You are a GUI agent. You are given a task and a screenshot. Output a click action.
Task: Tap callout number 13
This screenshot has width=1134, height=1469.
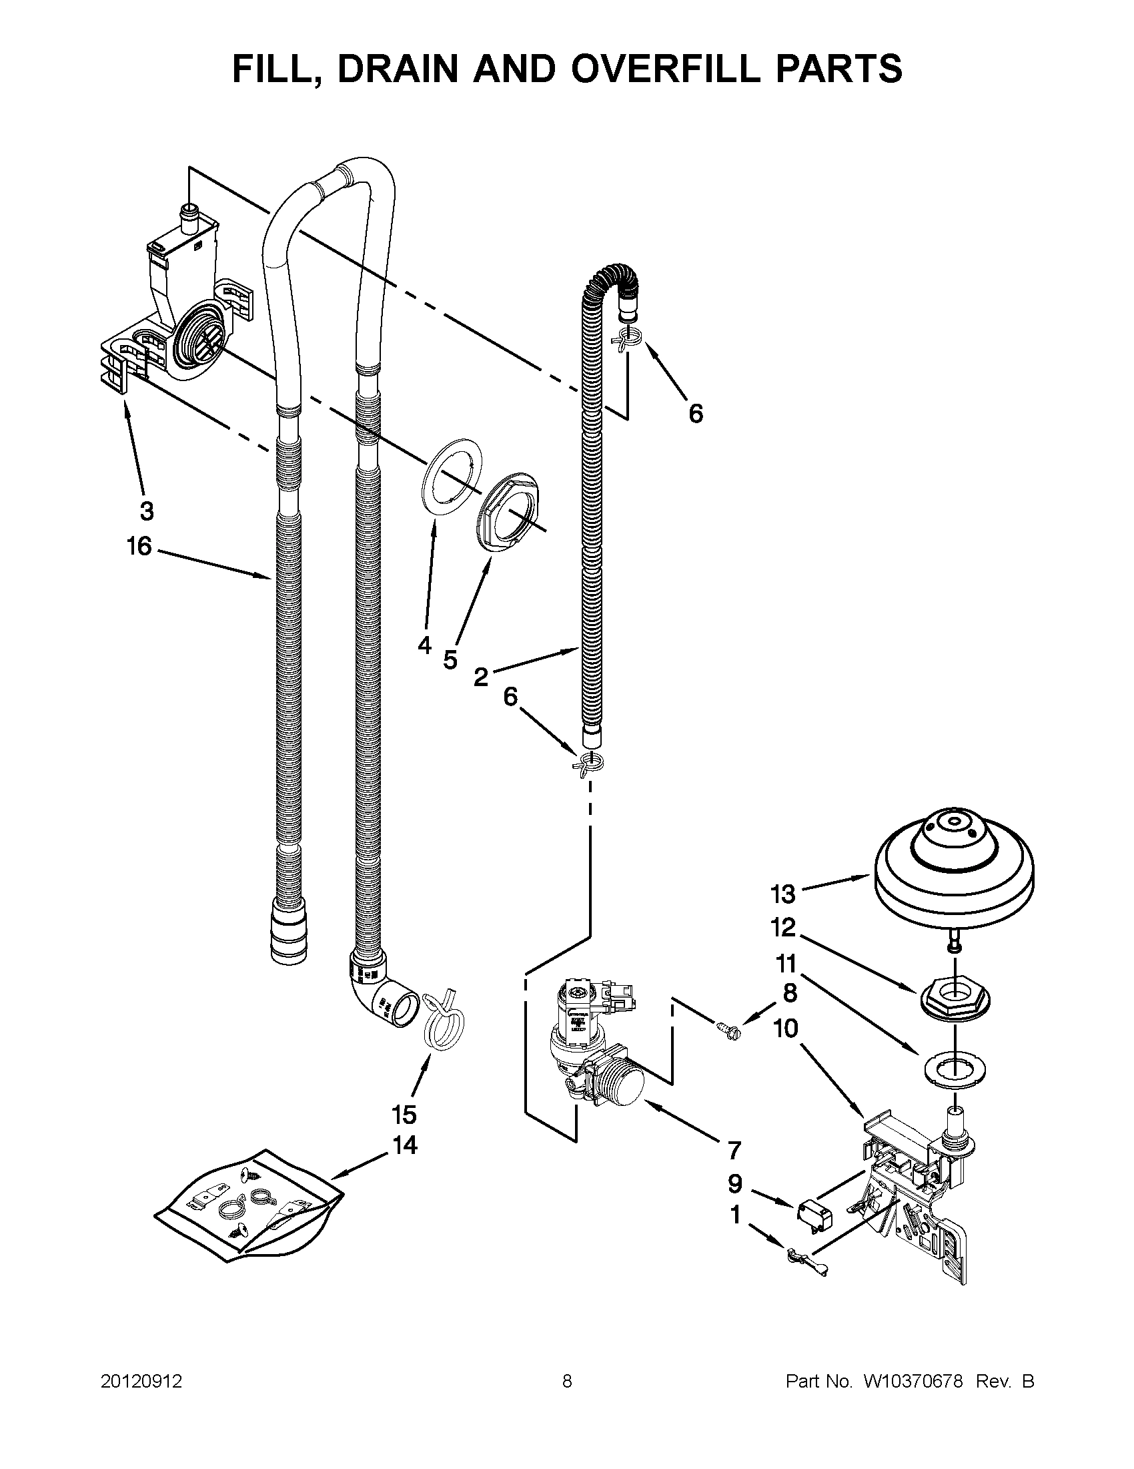click(x=783, y=894)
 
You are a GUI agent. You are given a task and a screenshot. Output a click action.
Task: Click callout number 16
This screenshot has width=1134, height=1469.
click(x=140, y=546)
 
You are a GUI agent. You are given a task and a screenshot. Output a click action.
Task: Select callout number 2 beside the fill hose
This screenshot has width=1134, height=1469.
click(x=480, y=677)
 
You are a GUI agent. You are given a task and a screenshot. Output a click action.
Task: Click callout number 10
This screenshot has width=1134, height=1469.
click(x=786, y=1028)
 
